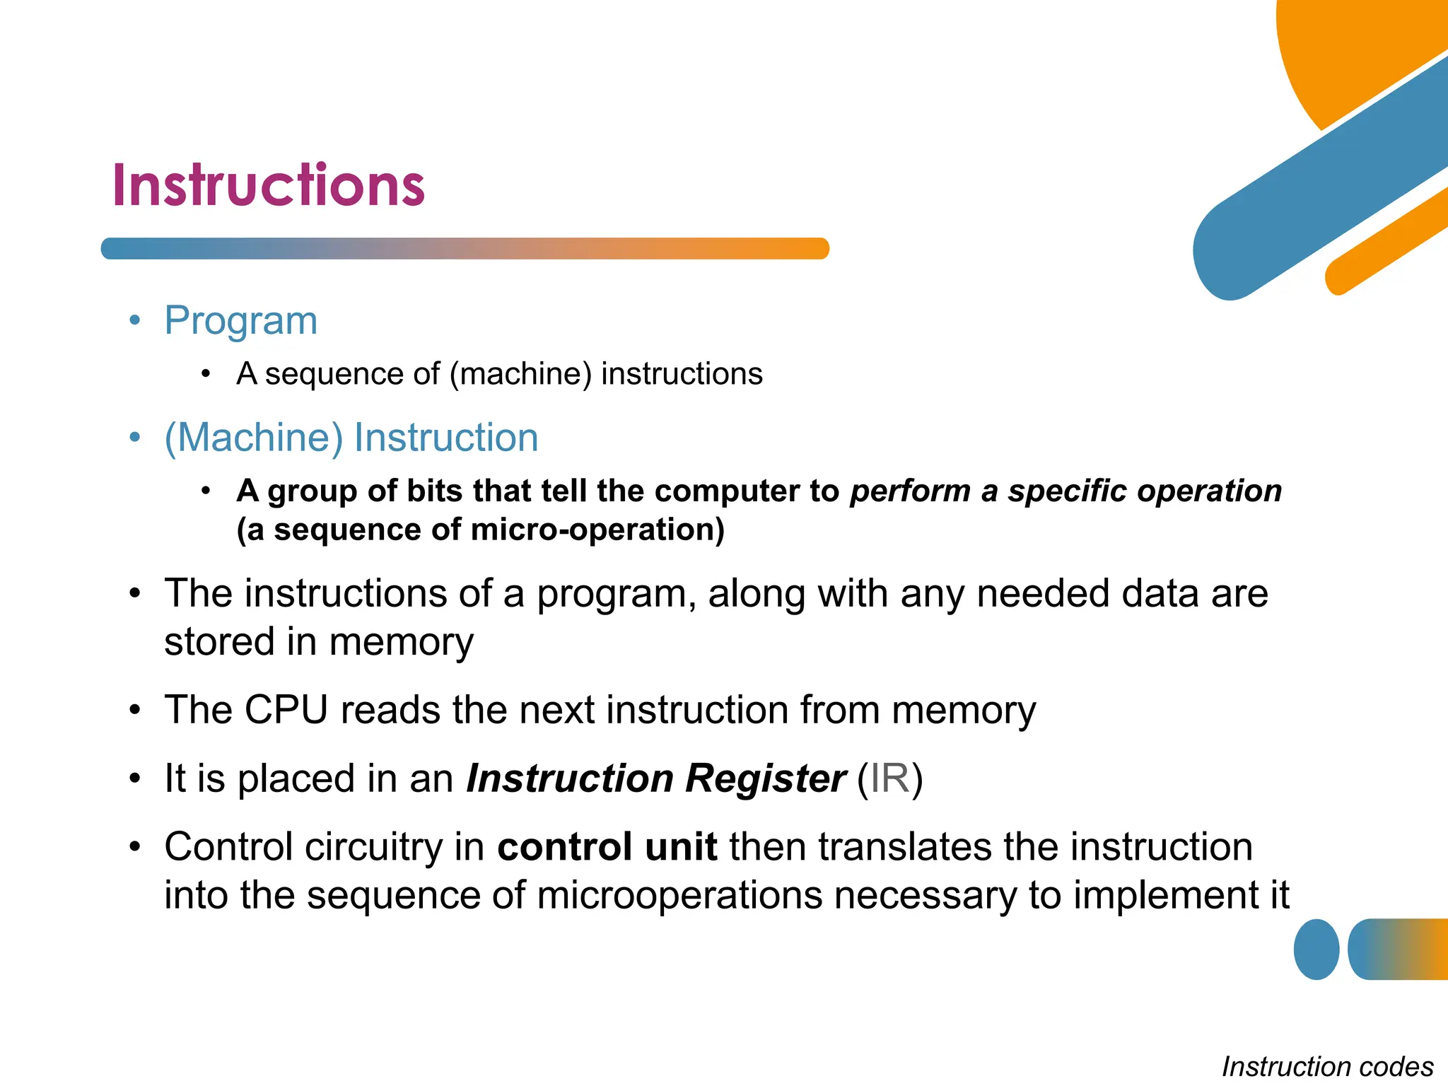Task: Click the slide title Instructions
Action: pos(269,185)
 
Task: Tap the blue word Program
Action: pos(240,321)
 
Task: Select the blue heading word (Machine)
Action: pos(253,438)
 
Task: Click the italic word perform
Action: pos(910,491)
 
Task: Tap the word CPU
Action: pos(286,710)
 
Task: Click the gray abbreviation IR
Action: pos(889,778)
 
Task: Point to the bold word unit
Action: pos(681,847)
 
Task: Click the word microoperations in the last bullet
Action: pos(679,895)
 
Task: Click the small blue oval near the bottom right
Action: pos(1316,950)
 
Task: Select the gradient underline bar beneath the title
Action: pos(465,249)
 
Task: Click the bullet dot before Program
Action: pos(135,321)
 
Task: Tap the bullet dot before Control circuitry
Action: pos(135,847)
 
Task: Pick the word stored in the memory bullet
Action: pos(219,642)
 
